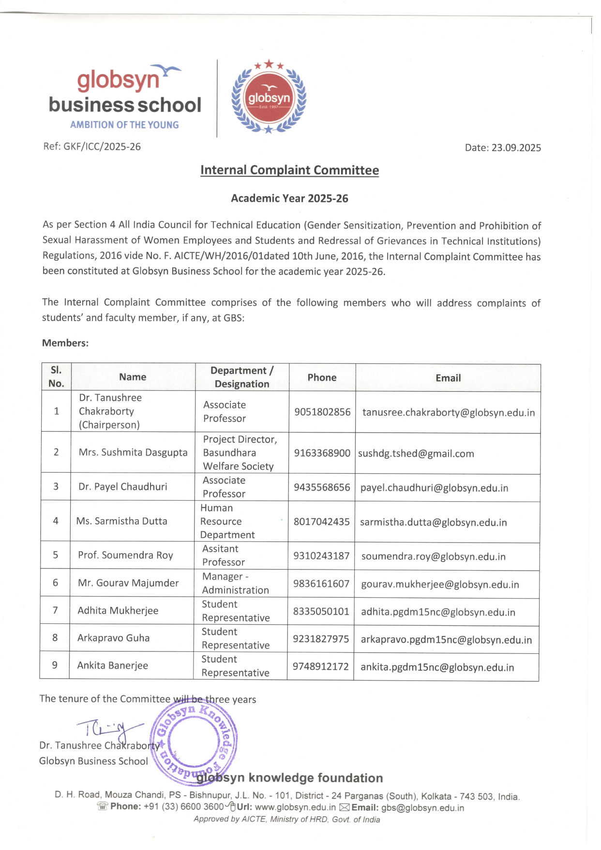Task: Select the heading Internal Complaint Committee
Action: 289,170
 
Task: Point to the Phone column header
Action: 322,377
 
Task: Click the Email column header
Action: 448,378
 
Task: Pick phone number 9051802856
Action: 322,412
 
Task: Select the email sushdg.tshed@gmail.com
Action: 416,454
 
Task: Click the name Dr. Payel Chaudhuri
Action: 123,487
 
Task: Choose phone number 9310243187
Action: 321,556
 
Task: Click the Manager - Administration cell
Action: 235,584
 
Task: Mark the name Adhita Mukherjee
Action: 118,611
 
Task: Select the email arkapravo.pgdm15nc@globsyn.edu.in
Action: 446,640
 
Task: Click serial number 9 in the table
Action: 55,665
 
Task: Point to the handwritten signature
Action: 109,728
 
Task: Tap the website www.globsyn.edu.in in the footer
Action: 295,807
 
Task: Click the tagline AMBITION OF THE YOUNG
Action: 124,125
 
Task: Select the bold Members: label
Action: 65,343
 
